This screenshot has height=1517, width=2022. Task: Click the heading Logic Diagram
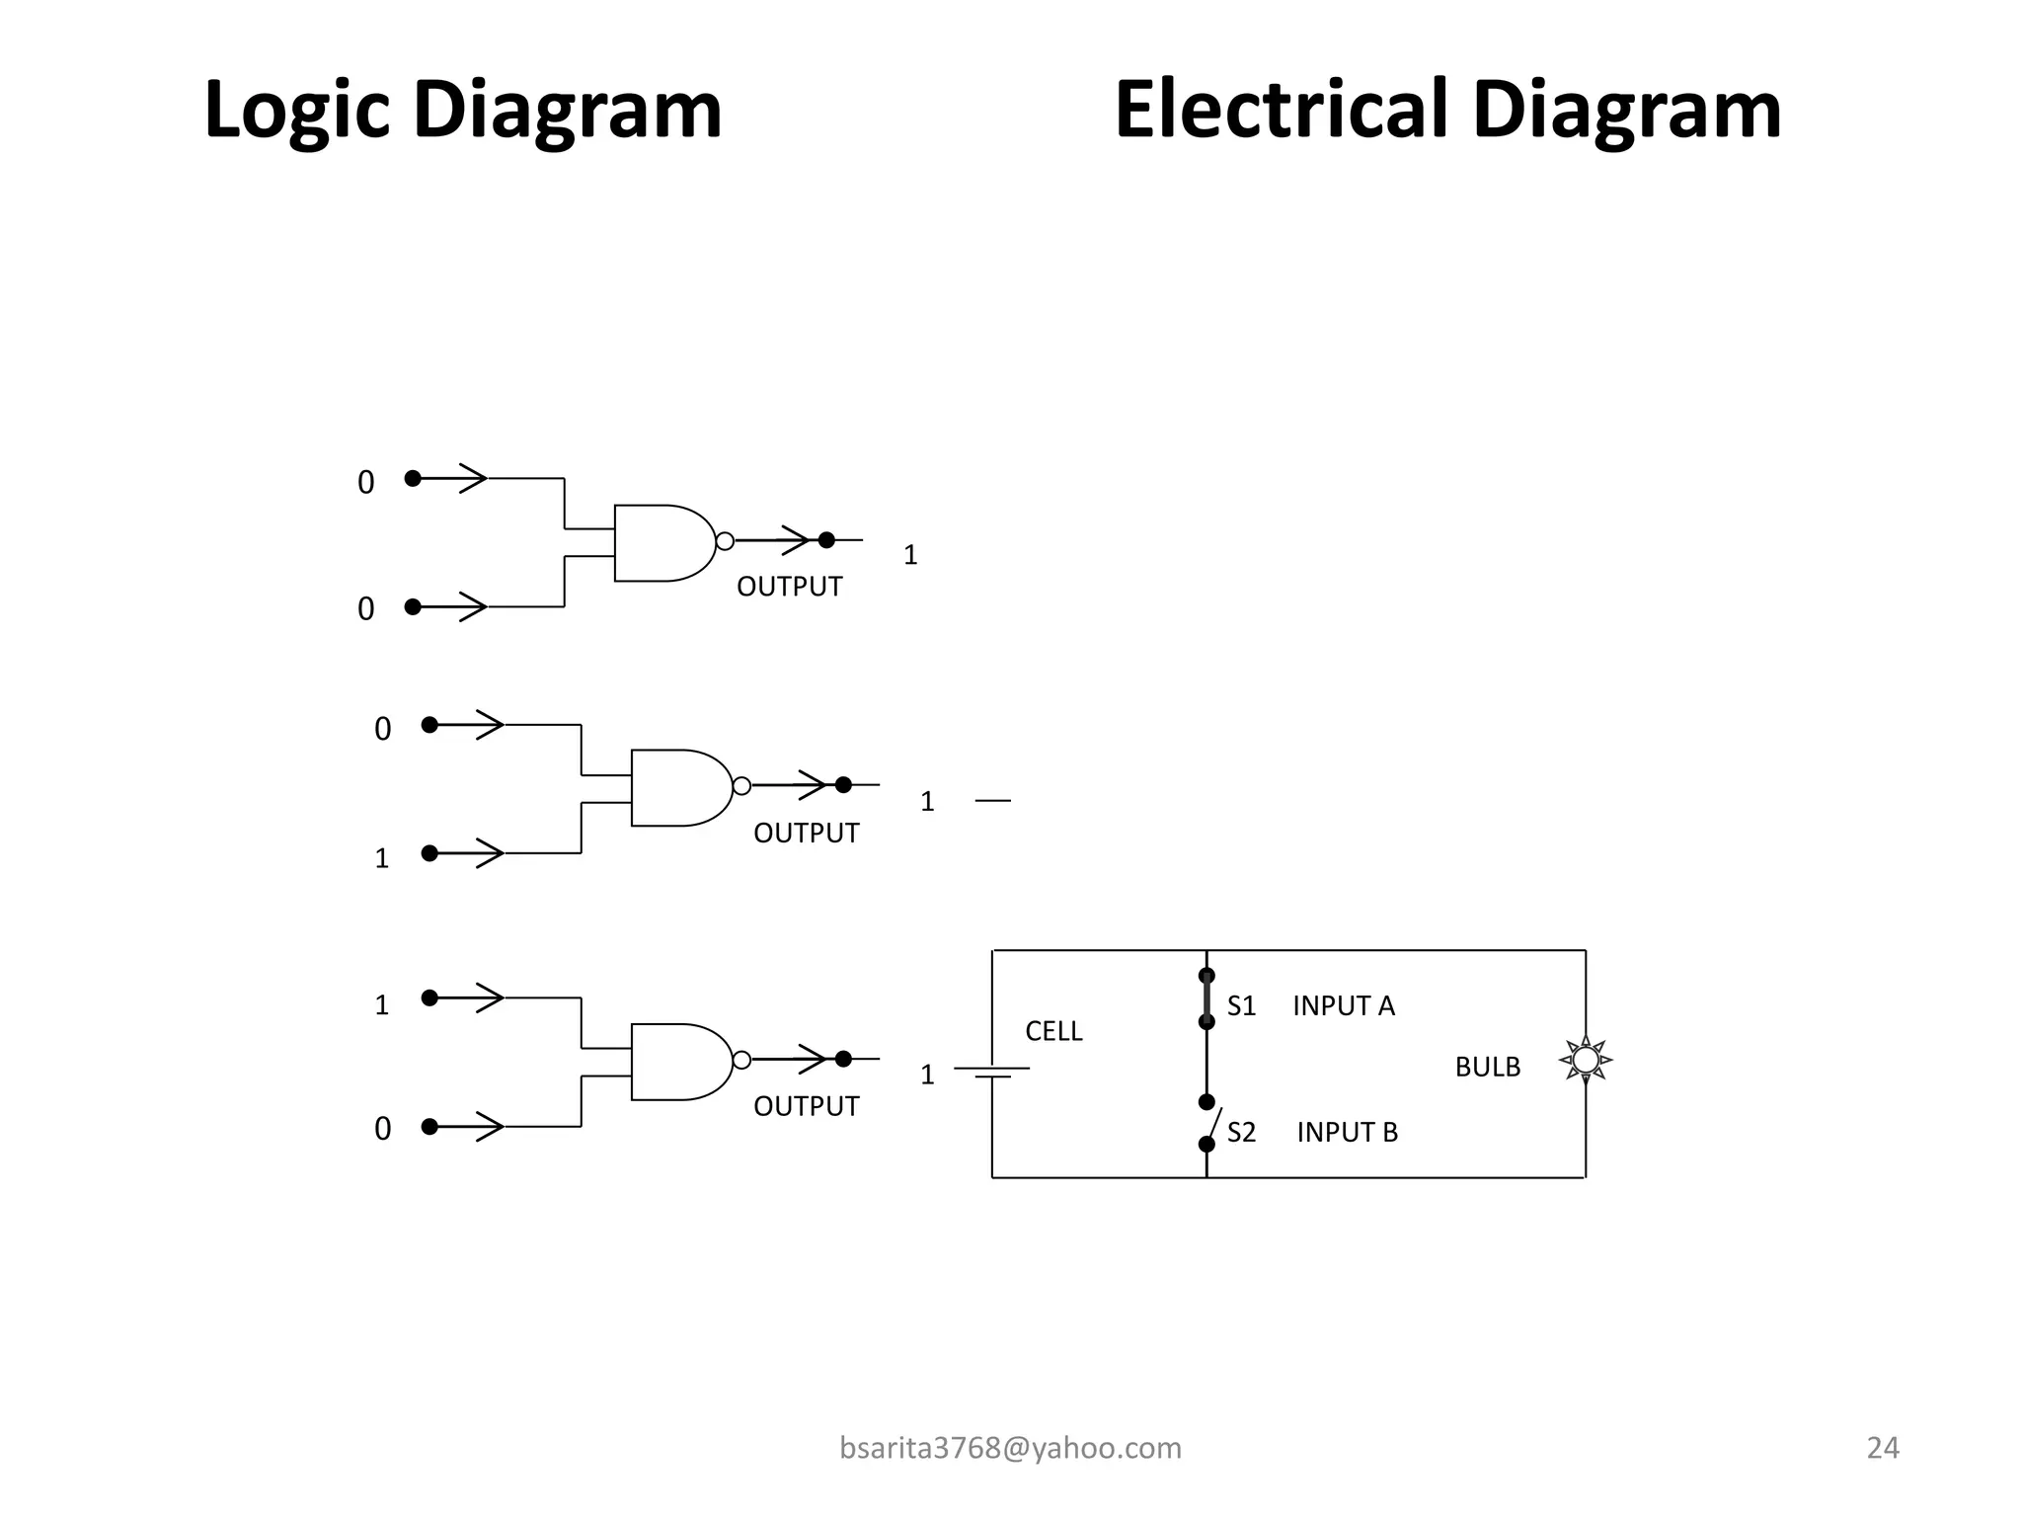tap(462, 111)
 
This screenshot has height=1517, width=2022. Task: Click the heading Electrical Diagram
tap(1447, 111)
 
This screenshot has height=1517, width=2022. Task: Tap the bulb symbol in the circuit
tap(1585, 1060)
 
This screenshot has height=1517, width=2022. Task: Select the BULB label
tap(1487, 1067)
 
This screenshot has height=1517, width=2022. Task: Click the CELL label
tap(1053, 1031)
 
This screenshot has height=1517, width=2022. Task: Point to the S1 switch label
tap(1241, 1005)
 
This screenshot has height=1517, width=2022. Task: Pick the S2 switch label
tap(1241, 1132)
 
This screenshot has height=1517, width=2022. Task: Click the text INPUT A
tap(1343, 1005)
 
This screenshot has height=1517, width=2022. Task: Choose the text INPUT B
tap(1347, 1132)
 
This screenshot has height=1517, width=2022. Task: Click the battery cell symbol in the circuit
tap(992, 1072)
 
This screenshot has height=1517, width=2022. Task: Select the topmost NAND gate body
tap(661, 543)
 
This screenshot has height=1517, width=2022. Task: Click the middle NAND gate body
tap(678, 787)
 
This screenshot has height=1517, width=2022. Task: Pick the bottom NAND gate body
tap(678, 1062)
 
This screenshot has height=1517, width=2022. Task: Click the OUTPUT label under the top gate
tap(789, 587)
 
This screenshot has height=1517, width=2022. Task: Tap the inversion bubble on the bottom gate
tap(741, 1060)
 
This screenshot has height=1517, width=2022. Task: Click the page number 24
tap(1883, 1448)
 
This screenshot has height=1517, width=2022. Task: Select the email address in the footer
tap(1010, 1448)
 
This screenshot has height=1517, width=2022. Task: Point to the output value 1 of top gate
tap(910, 555)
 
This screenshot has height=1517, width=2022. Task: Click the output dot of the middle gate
tap(843, 785)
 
